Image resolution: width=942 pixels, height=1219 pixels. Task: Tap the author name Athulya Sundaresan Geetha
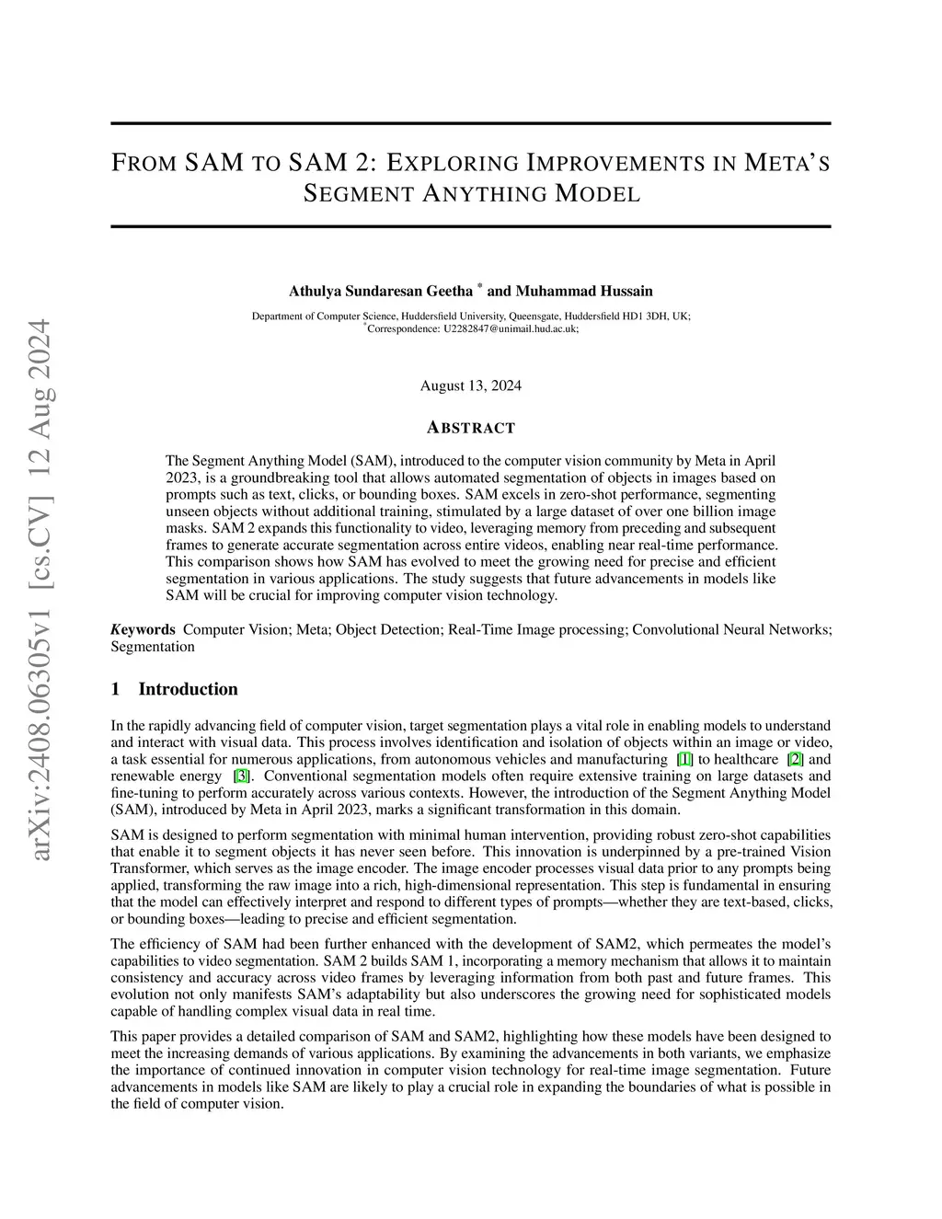tap(380, 292)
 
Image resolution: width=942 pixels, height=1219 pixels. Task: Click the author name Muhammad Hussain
tap(583, 292)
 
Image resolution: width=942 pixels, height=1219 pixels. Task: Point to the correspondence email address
tap(511, 328)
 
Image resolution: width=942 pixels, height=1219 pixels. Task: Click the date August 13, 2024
tap(470, 385)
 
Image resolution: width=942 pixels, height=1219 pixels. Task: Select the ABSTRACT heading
tap(471, 428)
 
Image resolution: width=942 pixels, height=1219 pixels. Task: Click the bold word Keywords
tap(143, 629)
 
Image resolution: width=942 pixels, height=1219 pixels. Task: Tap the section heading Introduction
tap(188, 689)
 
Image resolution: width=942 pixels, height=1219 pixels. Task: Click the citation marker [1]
tap(684, 759)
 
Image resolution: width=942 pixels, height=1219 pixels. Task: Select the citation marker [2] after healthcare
tap(796, 759)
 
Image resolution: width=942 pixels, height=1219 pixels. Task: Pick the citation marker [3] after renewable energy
tap(242, 776)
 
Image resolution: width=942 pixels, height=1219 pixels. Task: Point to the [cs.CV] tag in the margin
tap(41, 534)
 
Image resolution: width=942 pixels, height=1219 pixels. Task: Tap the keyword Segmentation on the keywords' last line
tap(153, 646)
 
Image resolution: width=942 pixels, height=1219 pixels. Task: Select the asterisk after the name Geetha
tap(479, 287)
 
